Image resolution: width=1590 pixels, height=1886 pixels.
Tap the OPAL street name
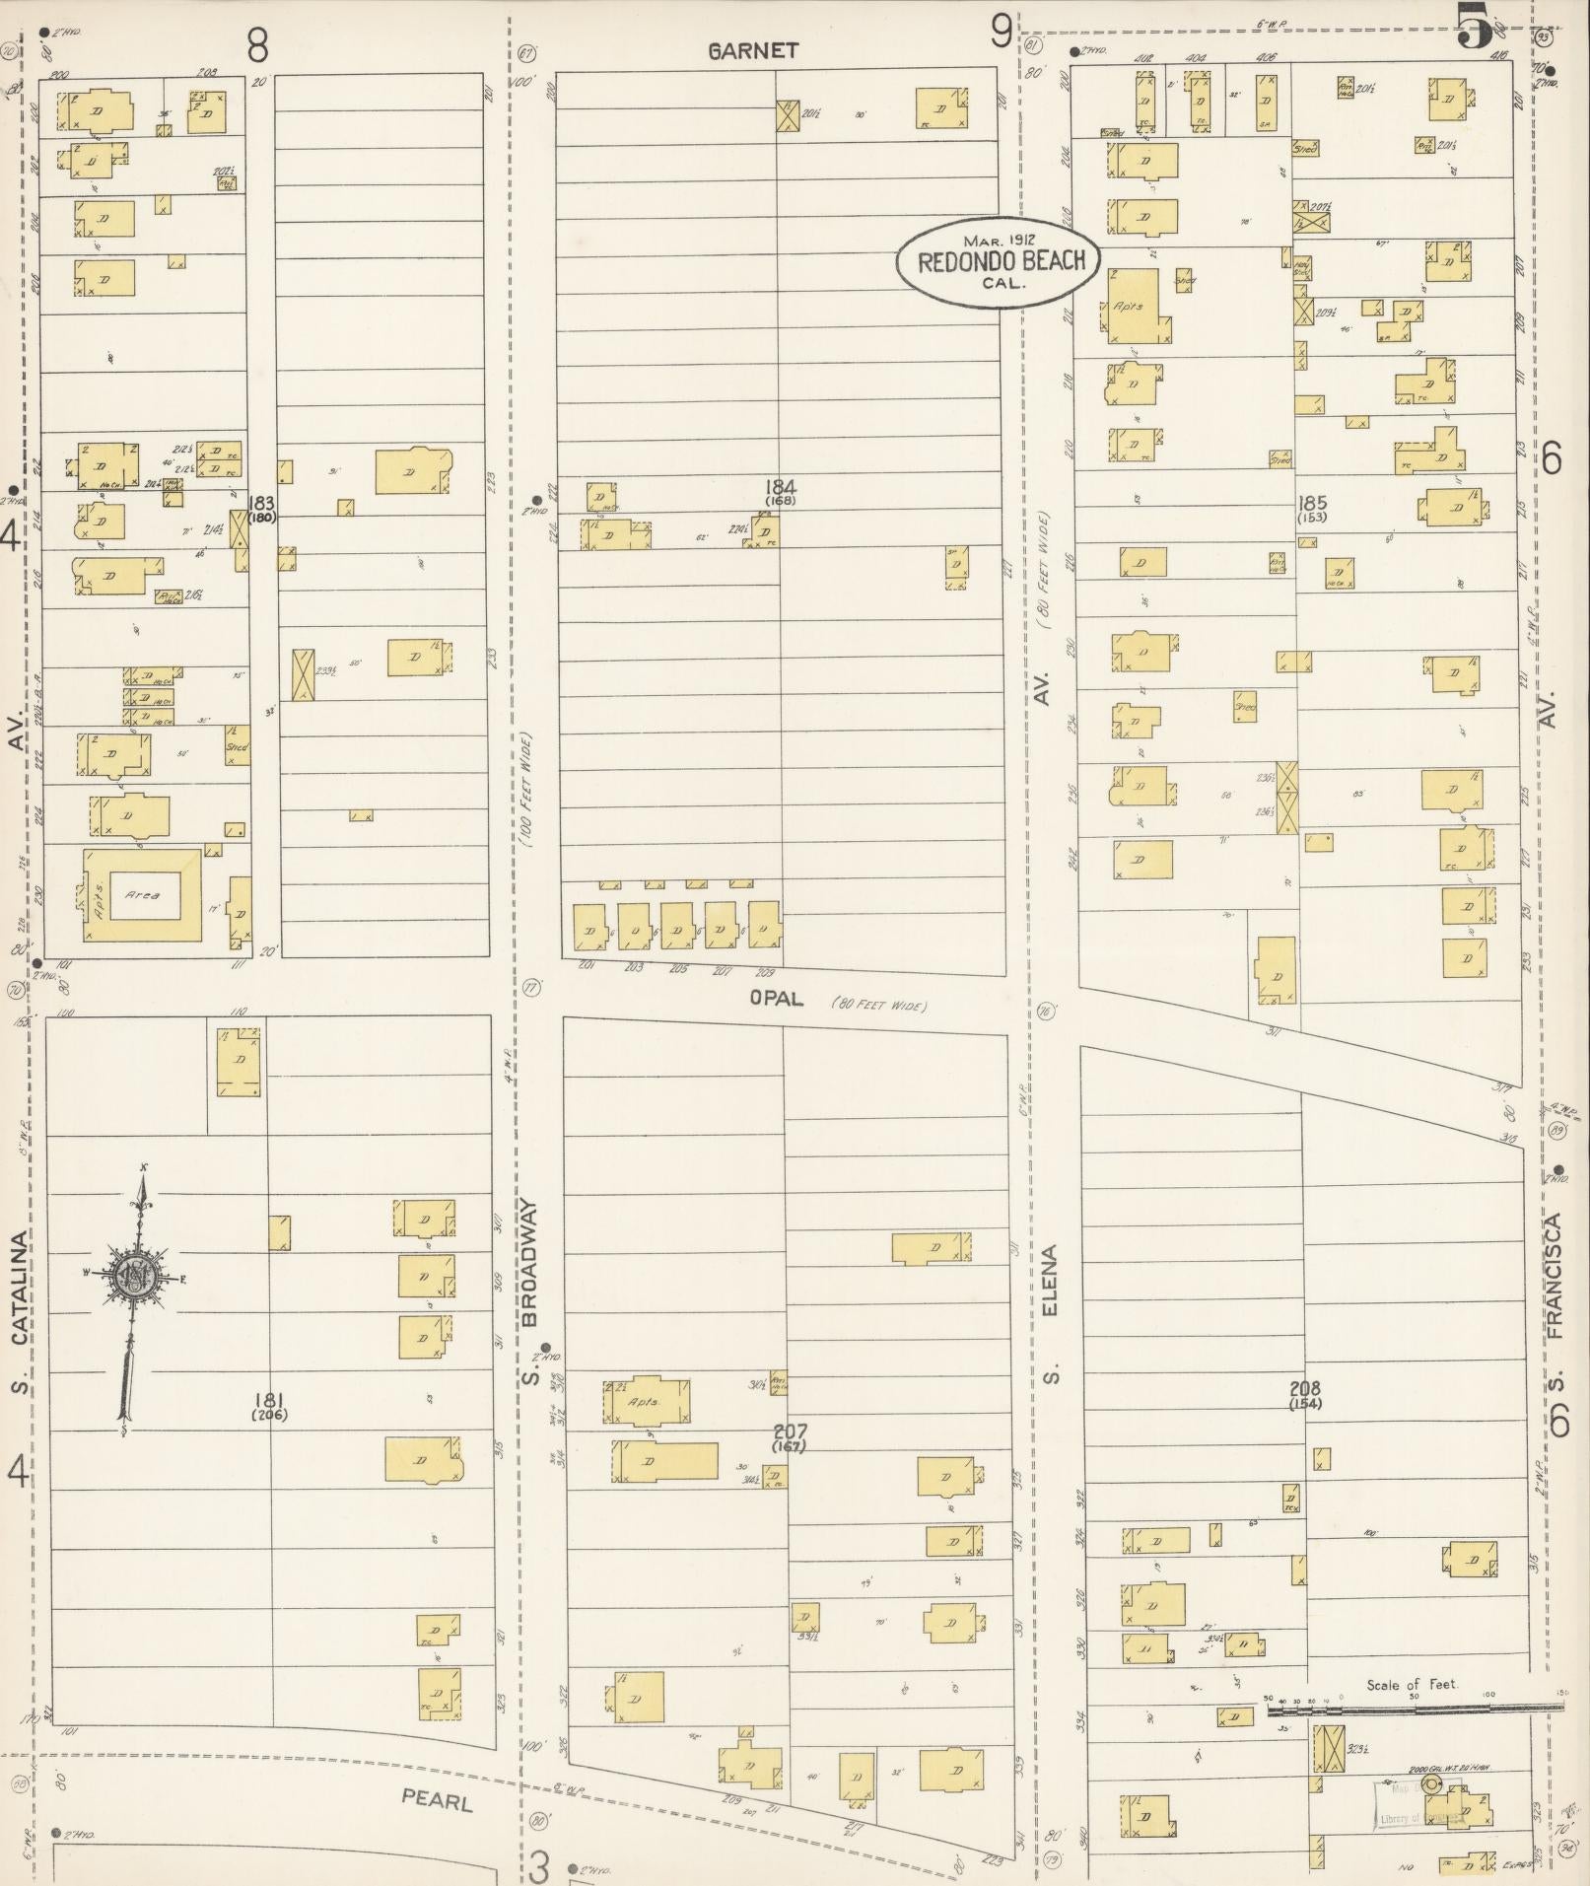click(x=776, y=999)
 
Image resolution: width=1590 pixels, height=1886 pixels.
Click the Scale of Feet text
click(x=1411, y=1685)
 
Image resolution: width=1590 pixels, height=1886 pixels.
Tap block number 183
click(x=261, y=504)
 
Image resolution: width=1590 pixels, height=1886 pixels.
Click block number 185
click(x=1312, y=503)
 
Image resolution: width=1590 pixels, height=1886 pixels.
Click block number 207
click(x=790, y=1431)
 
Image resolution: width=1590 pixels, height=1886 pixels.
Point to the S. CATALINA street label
click(x=20, y=1311)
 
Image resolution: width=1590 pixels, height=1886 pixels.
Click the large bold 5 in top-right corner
click(x=1476, y=28)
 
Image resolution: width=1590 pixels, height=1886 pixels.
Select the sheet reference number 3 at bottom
click(x=539, y=1864)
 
